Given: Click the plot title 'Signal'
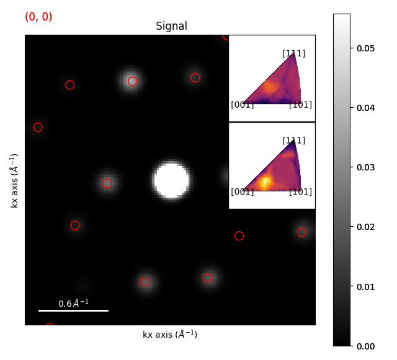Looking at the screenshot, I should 171,27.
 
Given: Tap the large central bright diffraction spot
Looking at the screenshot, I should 171,180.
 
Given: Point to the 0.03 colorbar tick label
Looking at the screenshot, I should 365,167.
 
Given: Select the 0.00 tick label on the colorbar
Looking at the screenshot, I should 365,346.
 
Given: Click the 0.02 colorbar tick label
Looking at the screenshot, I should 365,227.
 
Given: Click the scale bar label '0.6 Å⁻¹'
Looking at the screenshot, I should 73,303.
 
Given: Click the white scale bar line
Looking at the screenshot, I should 73,310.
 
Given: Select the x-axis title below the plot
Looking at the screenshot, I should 170,335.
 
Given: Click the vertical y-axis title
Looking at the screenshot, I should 15,180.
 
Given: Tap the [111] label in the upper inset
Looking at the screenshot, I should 293,54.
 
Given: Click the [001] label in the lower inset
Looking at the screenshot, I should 242,192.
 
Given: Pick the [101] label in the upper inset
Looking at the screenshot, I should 300,105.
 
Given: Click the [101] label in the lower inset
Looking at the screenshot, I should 300,192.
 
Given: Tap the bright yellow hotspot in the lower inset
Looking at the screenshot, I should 265,182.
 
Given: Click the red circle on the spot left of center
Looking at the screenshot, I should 107,183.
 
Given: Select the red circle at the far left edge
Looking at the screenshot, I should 38,127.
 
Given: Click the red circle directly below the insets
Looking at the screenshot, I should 239,235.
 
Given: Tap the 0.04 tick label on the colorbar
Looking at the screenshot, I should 365,108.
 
